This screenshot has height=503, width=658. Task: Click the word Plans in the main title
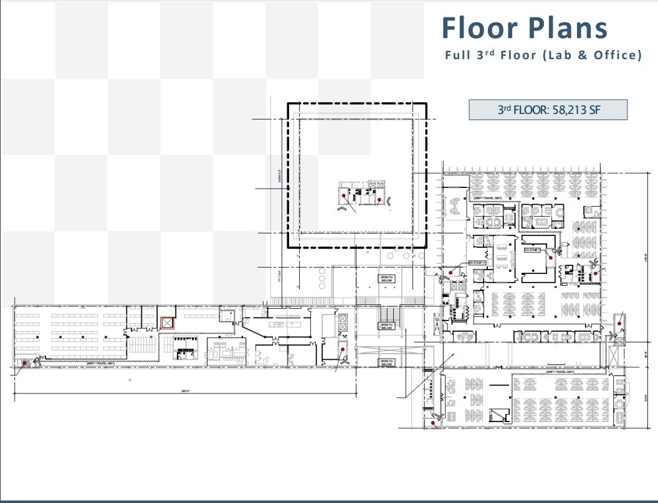(x=570, y=28)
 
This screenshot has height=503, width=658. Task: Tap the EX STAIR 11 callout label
(x=475, y=263)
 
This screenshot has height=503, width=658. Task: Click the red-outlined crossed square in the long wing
(x=167, y=322)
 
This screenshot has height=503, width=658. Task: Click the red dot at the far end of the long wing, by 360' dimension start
(x=24, y=362)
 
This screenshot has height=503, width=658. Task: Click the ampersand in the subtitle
(x=581, y=55)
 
